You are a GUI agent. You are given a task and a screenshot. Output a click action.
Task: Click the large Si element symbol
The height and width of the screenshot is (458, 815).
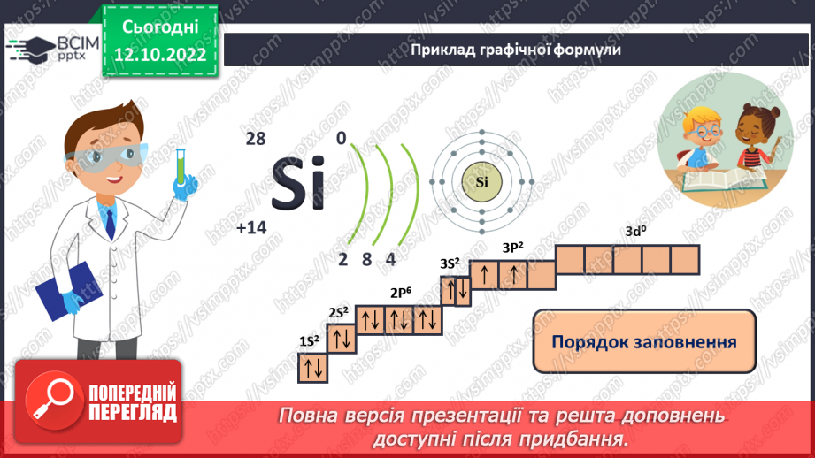296,183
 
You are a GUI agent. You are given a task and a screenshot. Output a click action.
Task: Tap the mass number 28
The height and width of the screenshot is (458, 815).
256,139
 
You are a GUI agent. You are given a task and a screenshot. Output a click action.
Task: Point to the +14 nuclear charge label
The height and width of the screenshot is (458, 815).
251,228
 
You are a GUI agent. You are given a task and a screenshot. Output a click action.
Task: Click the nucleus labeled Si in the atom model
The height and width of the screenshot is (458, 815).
481,183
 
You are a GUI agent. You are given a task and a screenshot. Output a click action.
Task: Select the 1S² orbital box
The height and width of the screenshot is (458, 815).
312,367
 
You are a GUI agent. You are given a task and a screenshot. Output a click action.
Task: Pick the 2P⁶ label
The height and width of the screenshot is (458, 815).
402,294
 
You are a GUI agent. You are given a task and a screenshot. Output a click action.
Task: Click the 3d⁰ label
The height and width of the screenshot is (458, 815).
636,233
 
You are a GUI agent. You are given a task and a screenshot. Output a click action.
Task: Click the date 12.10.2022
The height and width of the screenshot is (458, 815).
159,55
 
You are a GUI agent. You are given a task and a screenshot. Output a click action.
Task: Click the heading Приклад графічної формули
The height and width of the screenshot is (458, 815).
515,50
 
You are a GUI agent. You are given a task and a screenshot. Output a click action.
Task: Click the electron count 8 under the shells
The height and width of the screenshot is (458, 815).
366,259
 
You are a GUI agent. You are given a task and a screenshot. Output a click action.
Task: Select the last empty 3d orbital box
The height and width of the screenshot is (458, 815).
685,260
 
